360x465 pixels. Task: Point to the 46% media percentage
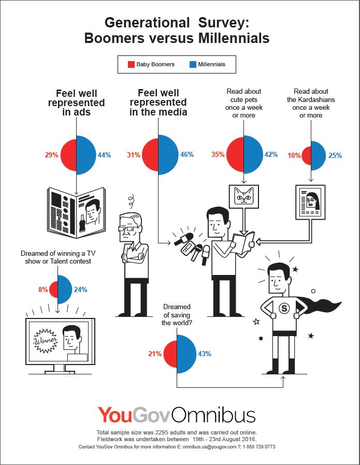point(186,154)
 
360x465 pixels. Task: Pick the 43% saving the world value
point(204,354)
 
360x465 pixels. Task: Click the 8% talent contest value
point(43,289)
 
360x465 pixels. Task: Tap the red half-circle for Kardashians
point(306,155)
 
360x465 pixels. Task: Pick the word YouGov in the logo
point(134,415)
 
